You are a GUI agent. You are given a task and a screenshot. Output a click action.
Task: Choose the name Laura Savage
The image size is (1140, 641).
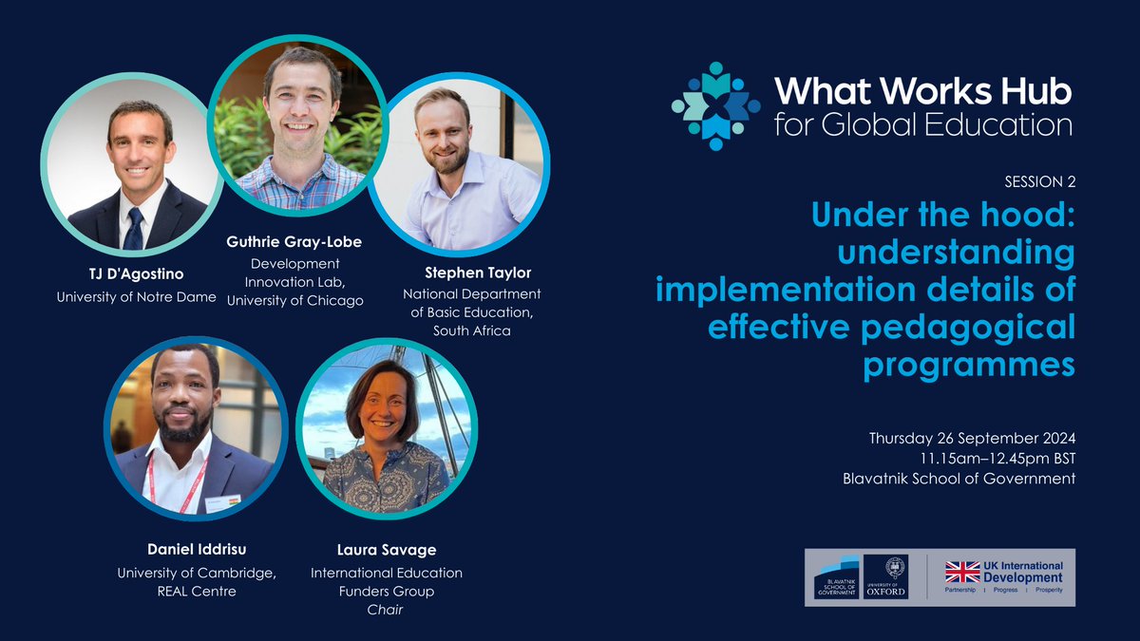(386, 551)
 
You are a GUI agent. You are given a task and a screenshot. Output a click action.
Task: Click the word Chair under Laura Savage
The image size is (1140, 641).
(386, 610)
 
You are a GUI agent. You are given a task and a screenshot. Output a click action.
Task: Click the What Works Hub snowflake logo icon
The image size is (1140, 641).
(715, 106)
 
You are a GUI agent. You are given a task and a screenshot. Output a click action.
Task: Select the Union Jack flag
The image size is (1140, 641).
(961, 572)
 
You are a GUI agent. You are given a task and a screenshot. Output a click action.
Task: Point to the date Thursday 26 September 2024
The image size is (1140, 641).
(972, 439)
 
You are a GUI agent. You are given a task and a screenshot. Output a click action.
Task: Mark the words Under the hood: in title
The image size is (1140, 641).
(943, 216)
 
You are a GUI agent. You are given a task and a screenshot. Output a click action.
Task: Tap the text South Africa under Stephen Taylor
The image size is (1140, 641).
(472, 331)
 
